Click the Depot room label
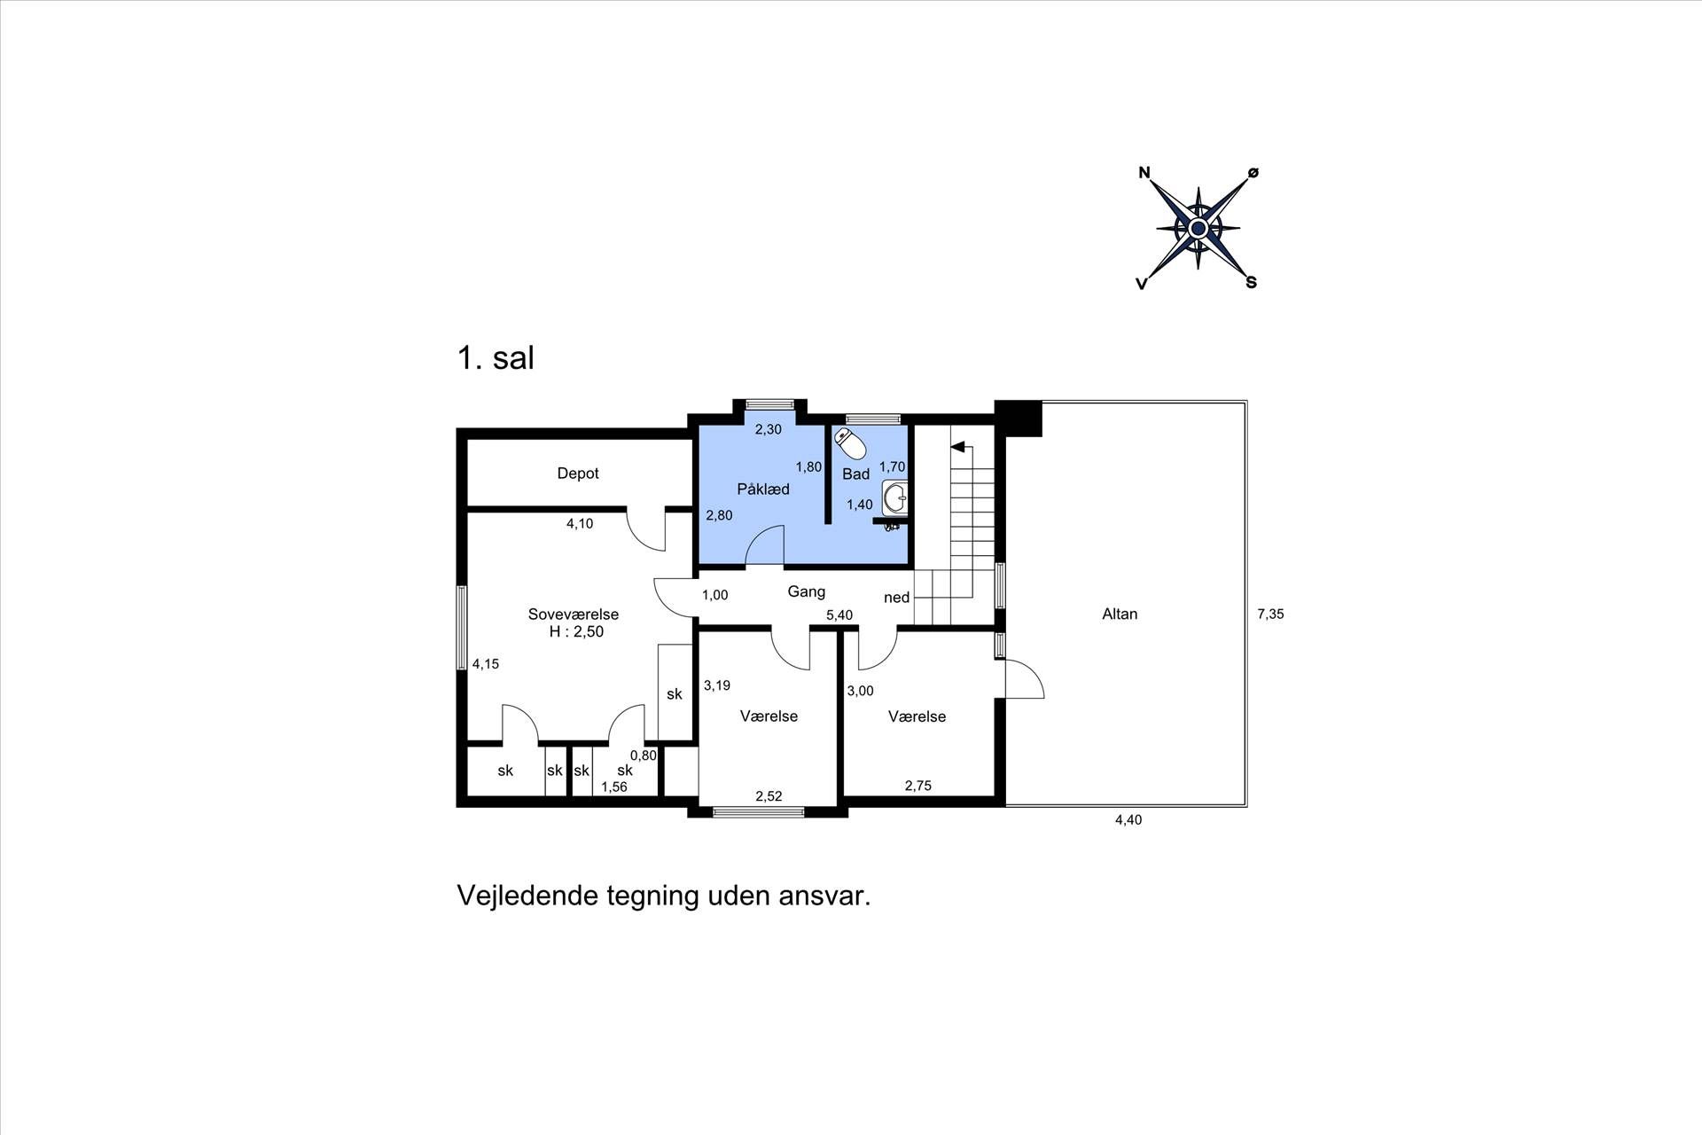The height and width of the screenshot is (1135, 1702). (578, 474)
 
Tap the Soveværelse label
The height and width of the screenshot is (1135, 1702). (574, 614)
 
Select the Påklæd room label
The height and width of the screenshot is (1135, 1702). (763, 489)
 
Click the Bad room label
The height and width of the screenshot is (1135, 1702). (856, 474)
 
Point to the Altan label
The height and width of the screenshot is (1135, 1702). (1120, 614)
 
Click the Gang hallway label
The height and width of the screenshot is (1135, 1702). (807, 591)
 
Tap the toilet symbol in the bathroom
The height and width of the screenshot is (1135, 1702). (850, 443)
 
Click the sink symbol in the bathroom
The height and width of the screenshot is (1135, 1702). (895, 497)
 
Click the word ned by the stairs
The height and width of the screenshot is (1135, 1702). (897, 598)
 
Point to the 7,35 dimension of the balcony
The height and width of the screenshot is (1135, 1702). (1270, 614)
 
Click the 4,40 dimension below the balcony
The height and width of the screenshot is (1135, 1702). (1128, 820)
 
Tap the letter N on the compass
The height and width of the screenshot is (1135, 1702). (1144, 173)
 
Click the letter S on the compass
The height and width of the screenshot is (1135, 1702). (1252, 283)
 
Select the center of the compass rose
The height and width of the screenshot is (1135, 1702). (1198, 229)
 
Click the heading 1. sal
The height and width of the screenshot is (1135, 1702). (496, 358)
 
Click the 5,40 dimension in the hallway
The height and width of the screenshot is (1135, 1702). (839, 615)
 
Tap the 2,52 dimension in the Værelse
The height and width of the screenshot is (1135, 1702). (769, 796)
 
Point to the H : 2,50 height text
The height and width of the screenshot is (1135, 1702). (576, 632)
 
